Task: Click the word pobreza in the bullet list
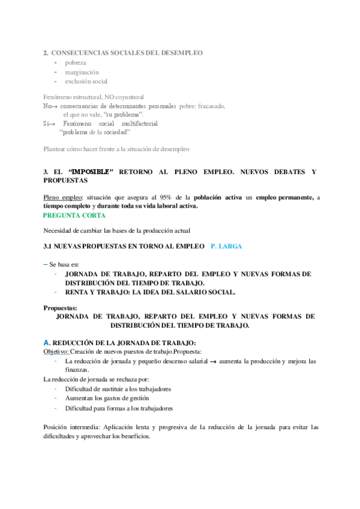[x=76, y=62]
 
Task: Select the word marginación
[x=82, y=72]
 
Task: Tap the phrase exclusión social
[x=86, y=81]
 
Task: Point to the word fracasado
[x=208, y=106]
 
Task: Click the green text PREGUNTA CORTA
[x=74, y=215]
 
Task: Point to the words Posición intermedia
[x=71, y=427]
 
